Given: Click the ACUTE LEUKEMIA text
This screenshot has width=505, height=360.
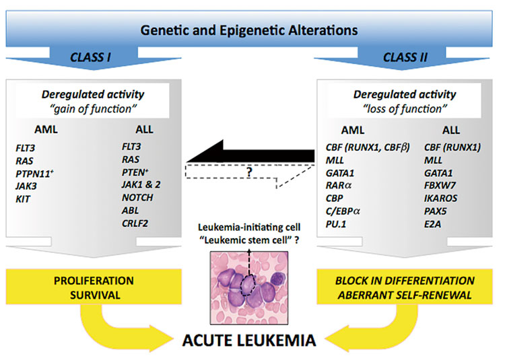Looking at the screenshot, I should pos(250,340).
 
